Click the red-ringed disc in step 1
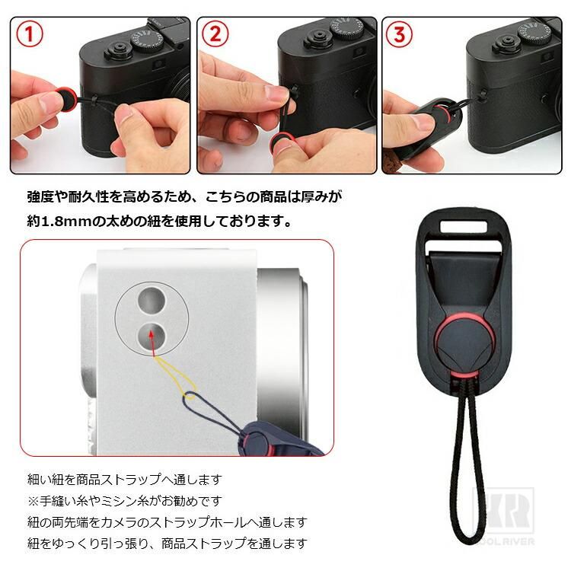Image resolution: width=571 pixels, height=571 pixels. [x=65, y=97]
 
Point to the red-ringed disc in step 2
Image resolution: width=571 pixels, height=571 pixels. [x=281, y=143]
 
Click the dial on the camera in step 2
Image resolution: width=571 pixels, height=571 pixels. [x=350, y=28]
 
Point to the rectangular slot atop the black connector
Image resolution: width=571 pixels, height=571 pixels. [x=463, y=226]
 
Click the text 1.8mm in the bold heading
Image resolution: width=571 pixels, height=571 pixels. [x=66, y=221]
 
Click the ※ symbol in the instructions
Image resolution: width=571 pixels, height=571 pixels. [x=33, y=501]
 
